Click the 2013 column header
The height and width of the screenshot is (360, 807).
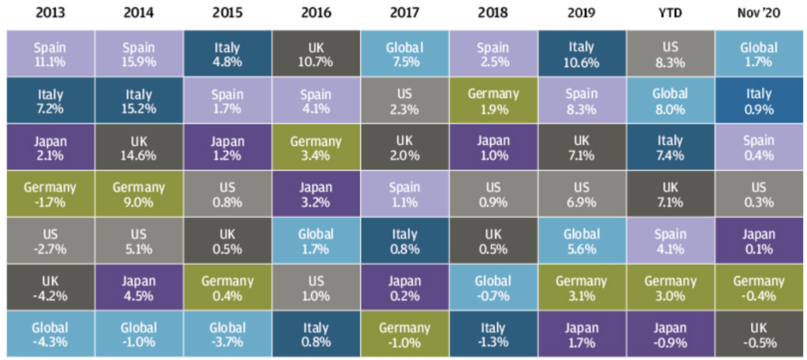pyautogui.click(x=50, y=13)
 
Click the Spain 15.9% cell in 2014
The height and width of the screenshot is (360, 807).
pyautogui.click(x=139, y=54)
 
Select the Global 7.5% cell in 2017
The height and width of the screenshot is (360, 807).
pyautogui.click(x=405, y=54)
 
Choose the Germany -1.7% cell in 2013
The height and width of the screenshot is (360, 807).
pyautogui.click(x=50, y=194)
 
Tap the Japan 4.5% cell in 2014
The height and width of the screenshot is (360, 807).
pyautogui.click(x=139, y=288)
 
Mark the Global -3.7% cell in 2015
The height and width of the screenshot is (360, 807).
pyautogui.click(x=228, y=334)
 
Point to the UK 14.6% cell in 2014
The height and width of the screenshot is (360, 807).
pyautogui.click(x=139, y=147)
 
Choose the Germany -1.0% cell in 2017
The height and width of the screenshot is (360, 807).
pyautogui.click(x=405, y=334)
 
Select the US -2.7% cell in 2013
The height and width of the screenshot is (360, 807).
pyautogui.click(x=50, y=240)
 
